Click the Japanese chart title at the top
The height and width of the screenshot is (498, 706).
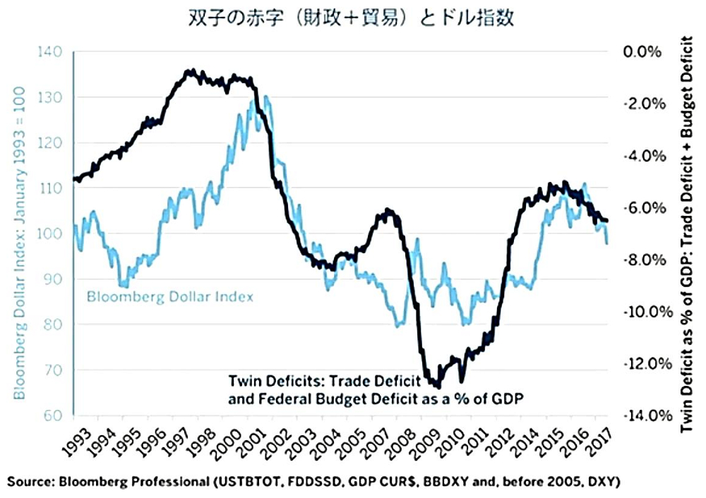(352, 18)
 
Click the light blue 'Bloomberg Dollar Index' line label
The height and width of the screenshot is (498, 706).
(169, 297)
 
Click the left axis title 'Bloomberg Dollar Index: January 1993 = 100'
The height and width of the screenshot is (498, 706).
(20, 233)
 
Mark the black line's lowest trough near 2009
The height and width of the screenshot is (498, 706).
(438, 387)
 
